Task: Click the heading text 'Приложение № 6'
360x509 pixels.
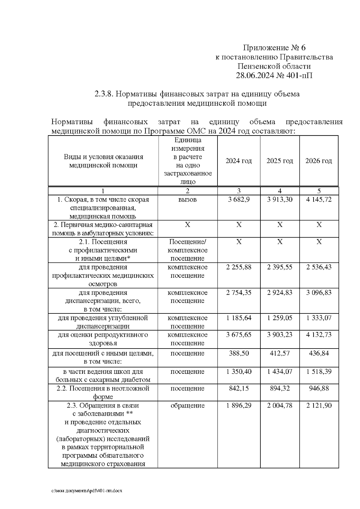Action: pyautogui.click(x=274, y=48)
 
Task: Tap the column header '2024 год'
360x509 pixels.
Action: pyautogui.click(x=238, y=161)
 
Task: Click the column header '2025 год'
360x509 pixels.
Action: pyautogui.click(x=280, y=161)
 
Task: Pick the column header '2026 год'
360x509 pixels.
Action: pyautogui.click(x=319, y=161)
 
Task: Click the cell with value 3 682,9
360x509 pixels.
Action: pyautogui.click(x=238, y=200)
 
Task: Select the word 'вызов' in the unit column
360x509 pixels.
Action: pyautogui.click(x=187, y=200)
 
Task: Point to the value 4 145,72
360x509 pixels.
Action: pyautogui.click(x=319, y=200)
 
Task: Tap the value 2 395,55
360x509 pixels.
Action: pyautogui.click(x=280, y=267)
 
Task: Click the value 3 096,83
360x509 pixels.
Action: pyautogui.click(x=319, y=293)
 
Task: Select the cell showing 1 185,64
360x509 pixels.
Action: pyautogui.click(x=238, y=318)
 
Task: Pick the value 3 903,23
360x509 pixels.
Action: pyautogui.click(x=280, y=335)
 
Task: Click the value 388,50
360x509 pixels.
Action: pyautogui.click(x=238, y=353)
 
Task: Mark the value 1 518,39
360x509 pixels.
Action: pyautogui.click(x=319, y=372)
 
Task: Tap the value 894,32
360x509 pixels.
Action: pyautogui.click(x=280, y=388)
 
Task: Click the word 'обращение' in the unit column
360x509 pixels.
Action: pyautogui.click(x=187, y=406)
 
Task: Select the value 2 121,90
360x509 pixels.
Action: pyautogui.click(x=319, y=406)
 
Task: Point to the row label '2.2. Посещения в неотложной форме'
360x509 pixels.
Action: pyautogui.click(x=103, y=392)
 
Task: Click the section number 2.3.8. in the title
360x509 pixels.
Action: pyautogui.click(x=104, y=94)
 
